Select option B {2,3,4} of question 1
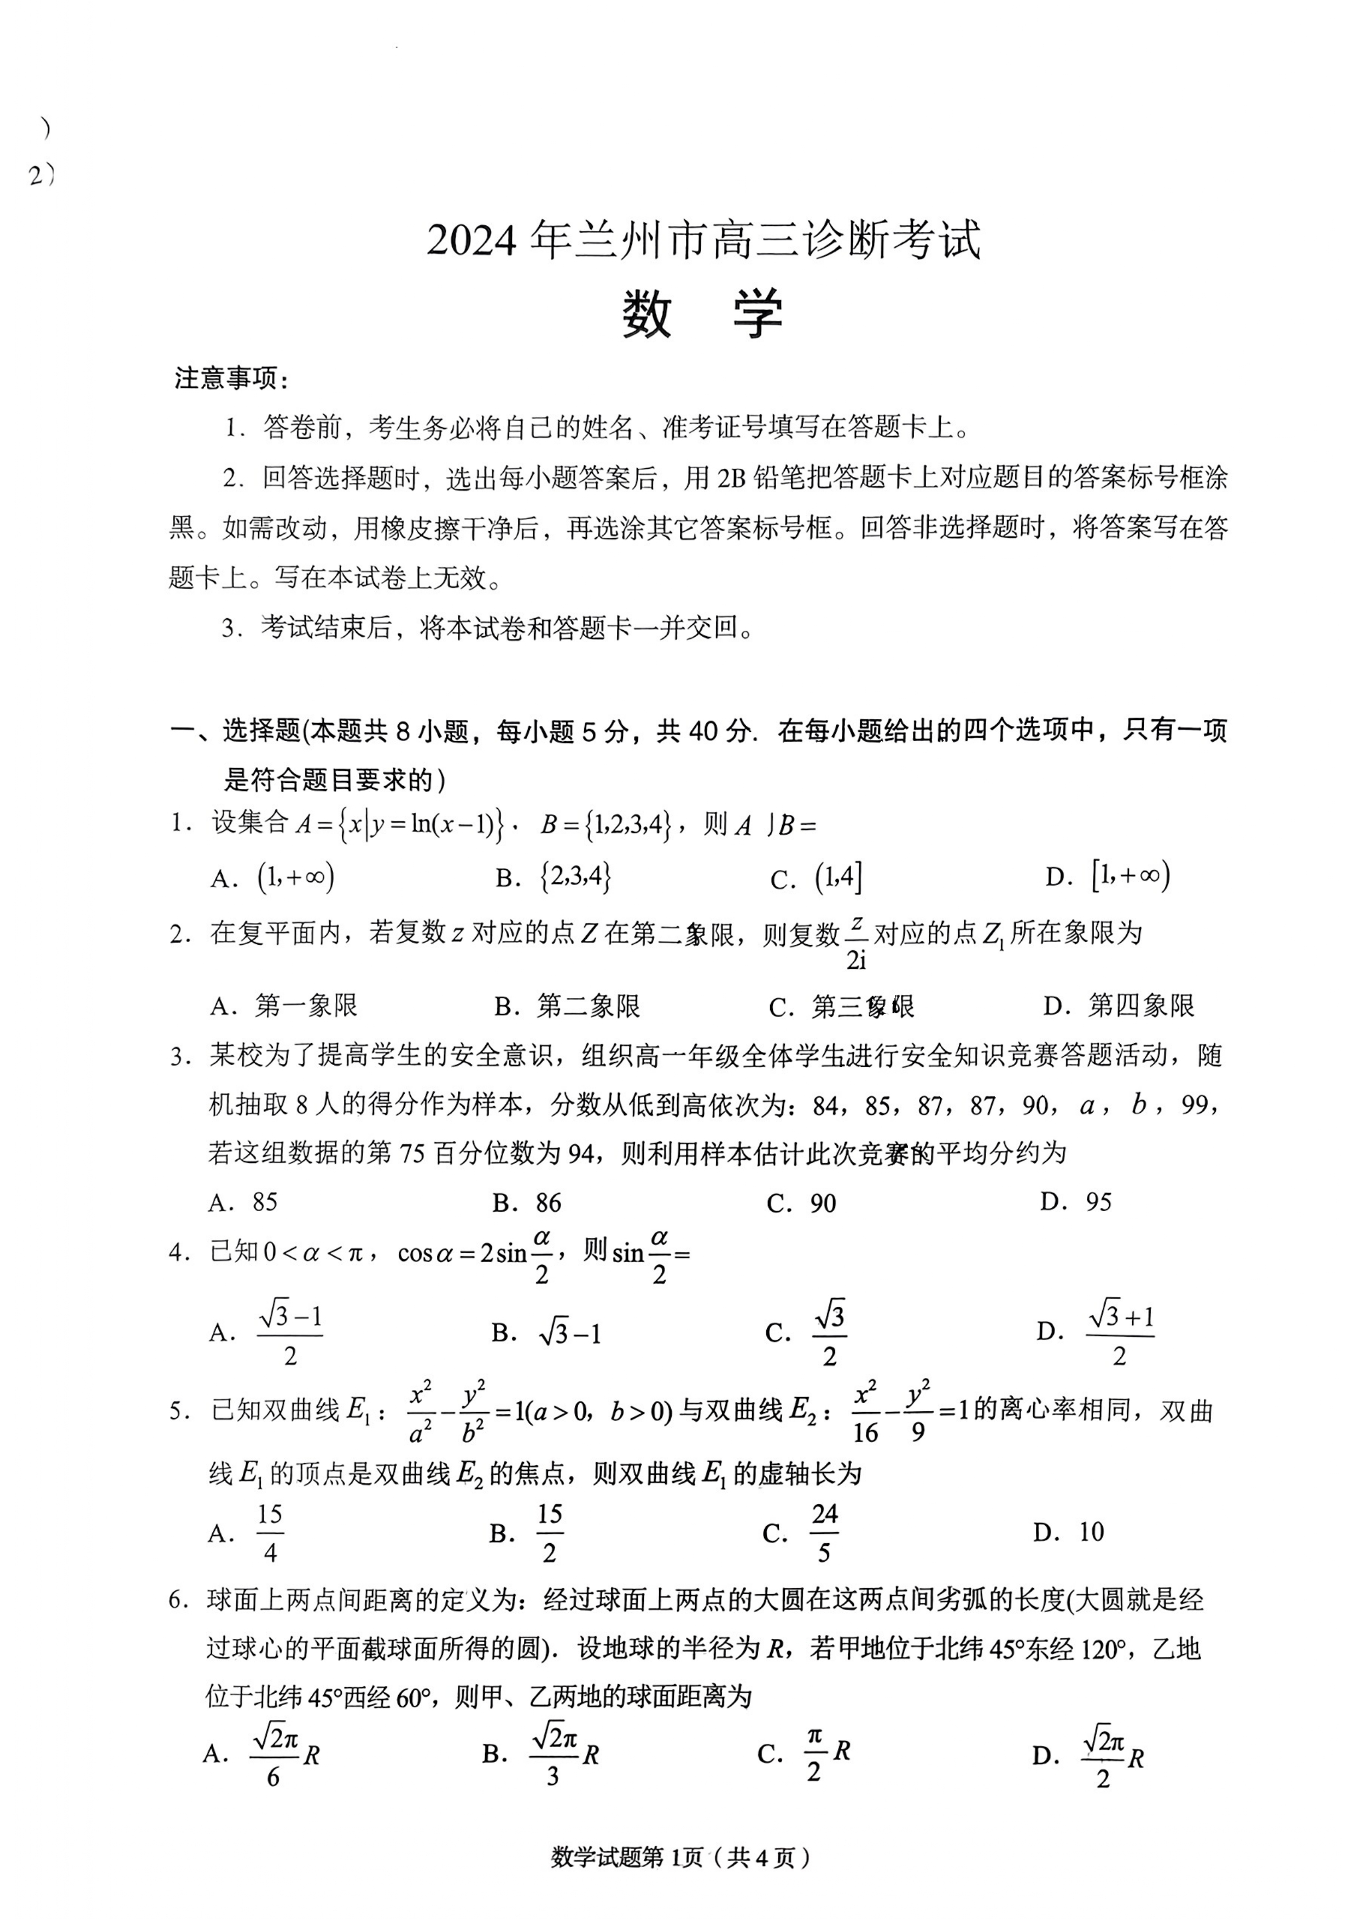point(576,876)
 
